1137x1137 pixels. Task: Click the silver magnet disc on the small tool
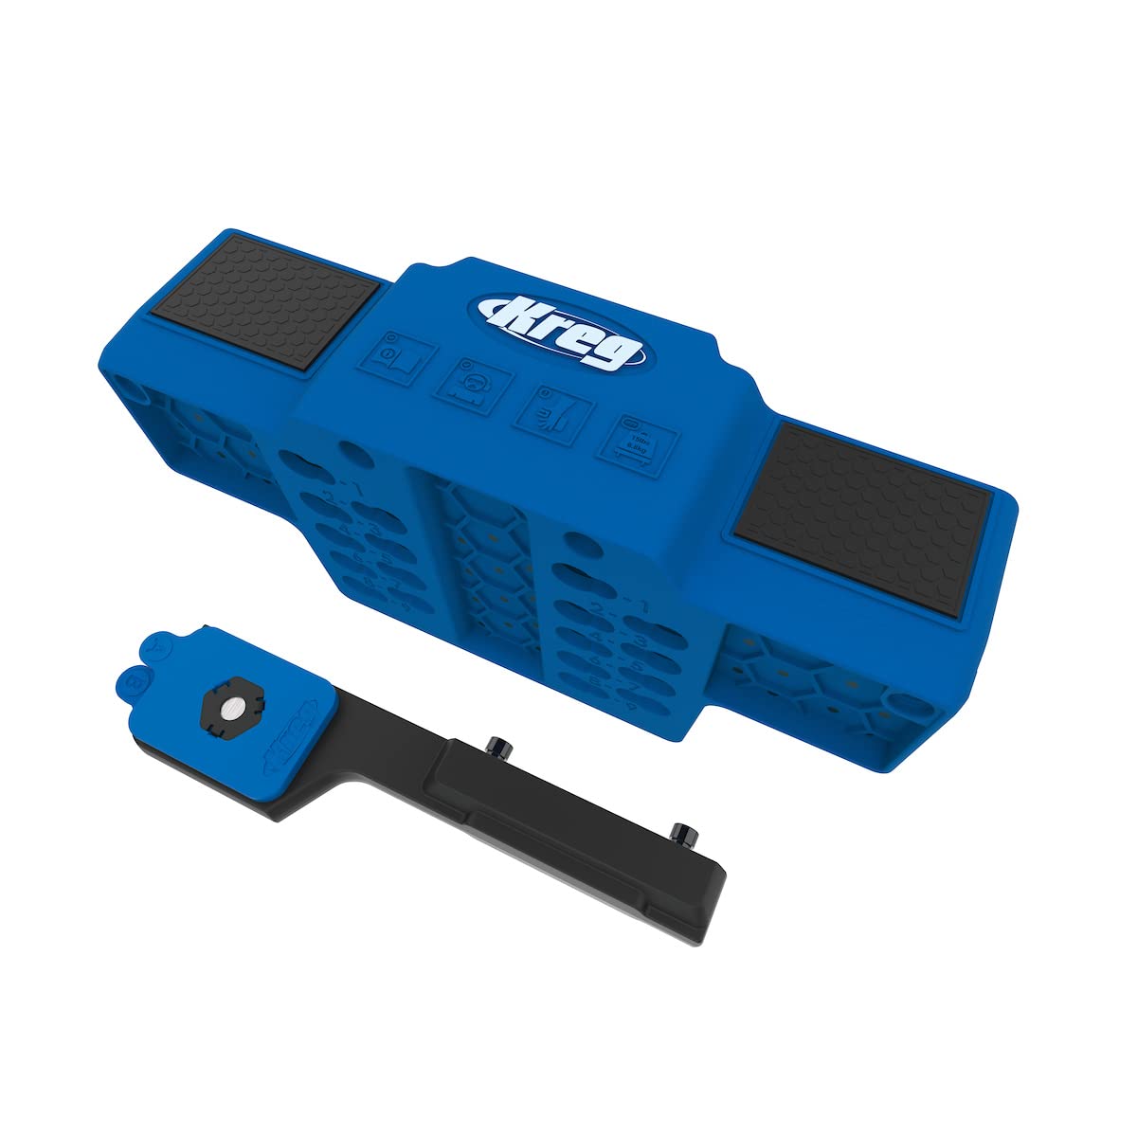click(x=229, y=709)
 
